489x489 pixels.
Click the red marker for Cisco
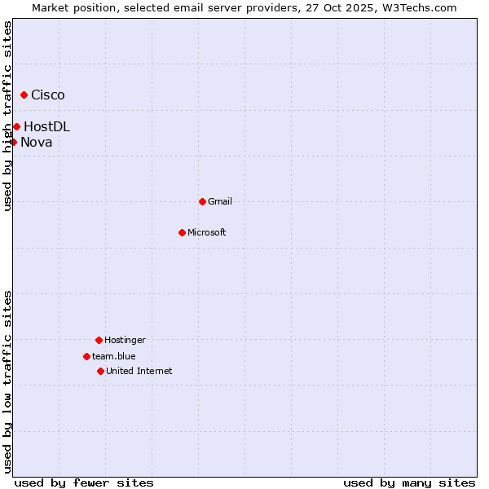[24, 95]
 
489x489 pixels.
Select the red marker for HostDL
[16, 126]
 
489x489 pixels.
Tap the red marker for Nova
[13, 143]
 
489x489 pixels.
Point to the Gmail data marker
[202, 201]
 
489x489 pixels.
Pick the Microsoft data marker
[182, 232]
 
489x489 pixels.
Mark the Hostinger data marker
[99, 340]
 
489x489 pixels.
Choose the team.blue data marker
[86, 356]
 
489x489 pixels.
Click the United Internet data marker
[100, 371]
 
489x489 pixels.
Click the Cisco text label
[48, 95]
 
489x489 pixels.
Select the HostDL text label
[46, 126]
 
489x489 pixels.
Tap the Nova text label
[37, 143]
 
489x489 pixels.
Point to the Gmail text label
[220, 201]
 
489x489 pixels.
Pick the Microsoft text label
[207, 232]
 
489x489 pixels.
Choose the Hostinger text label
[125, 340]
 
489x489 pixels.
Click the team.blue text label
[114, 356]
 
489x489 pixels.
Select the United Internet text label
[139, 371]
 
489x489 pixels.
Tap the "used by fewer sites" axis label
[84, 482]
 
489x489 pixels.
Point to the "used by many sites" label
[409, 482]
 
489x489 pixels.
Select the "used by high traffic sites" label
[7, 116]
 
